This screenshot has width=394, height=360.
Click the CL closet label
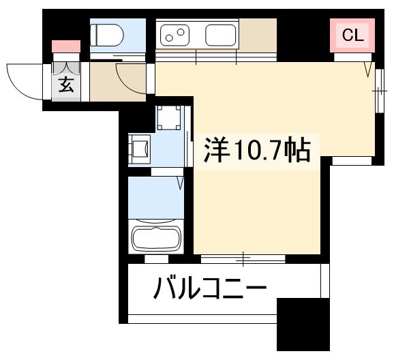pyautogui.click(x=352, y=35)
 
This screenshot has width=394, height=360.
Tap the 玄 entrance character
pyautogui.click(x=66, y=85)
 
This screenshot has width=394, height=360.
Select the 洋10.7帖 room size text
pyautogui.click(x=257, y=149)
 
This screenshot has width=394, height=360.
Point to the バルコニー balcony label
pyautogui.click(x=209, y=290)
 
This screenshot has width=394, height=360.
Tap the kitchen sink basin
pyautogui.click(x=220, y=34)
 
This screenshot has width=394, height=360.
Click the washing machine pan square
pyautogui.click(x=168, y=119)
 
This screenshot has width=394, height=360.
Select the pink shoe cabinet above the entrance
pyautogui.click(x=66, y=46)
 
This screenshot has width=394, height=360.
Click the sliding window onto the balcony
pyautogui.click(x=243, y=258)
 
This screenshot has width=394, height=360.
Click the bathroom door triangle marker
pyautogui.click(x=181, y=183)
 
